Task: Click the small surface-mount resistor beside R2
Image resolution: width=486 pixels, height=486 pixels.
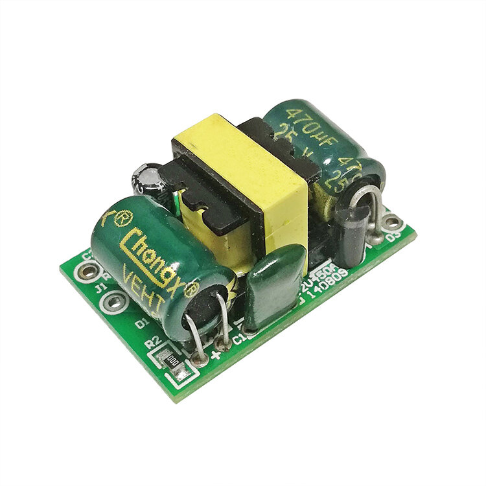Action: point(172,358)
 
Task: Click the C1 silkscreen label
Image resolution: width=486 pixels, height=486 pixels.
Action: point(238,338)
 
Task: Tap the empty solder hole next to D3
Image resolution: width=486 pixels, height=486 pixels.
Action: point(389,223)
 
